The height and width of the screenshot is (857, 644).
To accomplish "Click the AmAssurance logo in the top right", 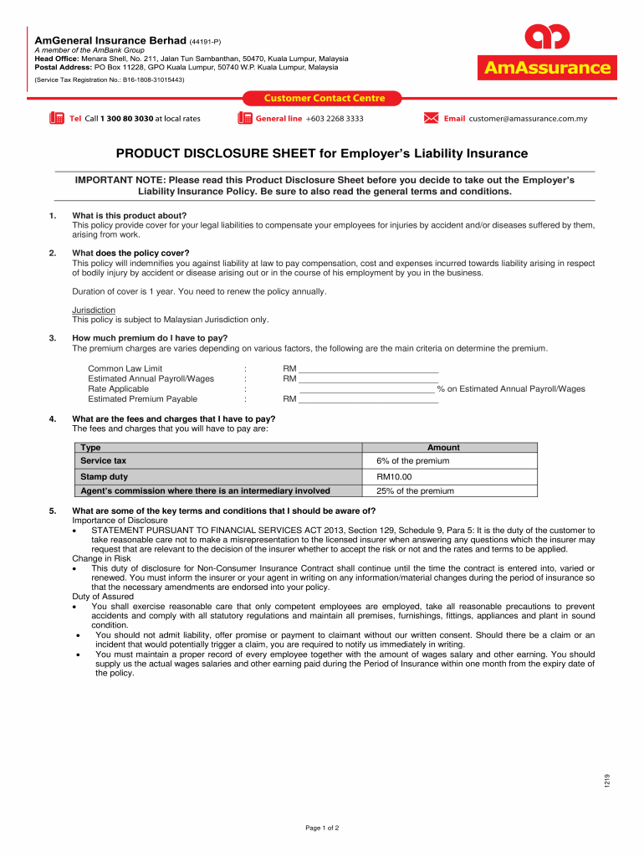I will [546, 53].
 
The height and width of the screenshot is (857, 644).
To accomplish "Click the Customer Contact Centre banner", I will [314, 98].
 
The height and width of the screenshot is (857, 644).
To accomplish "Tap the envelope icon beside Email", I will [431, 118].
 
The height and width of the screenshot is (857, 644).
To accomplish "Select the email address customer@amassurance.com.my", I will [528, 119].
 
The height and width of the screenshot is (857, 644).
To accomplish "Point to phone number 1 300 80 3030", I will [126, 119].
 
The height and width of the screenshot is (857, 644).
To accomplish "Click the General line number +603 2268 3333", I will [335, 119].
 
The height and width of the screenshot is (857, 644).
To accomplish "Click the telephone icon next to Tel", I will [57, 118].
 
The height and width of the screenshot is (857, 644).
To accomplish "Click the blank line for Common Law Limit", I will [368, 369].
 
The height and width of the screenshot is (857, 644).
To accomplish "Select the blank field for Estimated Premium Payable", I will [368, 399].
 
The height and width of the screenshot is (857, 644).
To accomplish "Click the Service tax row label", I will [104, 460].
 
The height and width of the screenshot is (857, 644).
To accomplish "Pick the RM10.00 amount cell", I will [394, 476].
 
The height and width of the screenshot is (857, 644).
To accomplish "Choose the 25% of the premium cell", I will [415, 491].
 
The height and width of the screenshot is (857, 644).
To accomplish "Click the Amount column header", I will [443, 448].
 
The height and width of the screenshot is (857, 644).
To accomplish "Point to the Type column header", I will [90, 448].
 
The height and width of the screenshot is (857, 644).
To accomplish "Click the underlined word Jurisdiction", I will [94, 310].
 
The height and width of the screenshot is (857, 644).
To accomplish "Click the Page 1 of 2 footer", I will [322, 828].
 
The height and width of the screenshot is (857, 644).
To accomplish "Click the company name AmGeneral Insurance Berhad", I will [110, 40].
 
